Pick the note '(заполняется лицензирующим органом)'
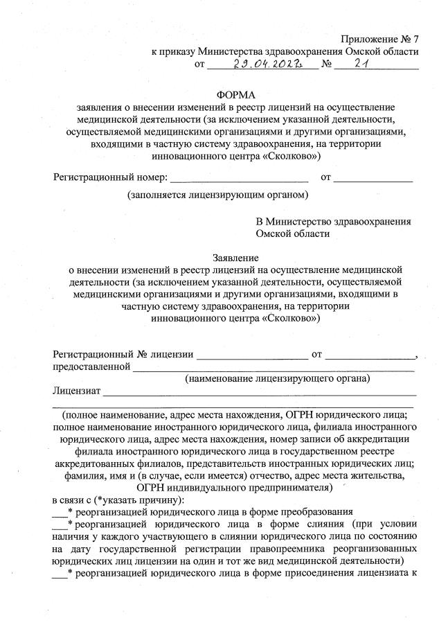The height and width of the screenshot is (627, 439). click(217, 195)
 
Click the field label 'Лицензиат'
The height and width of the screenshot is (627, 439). click(77, 391)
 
